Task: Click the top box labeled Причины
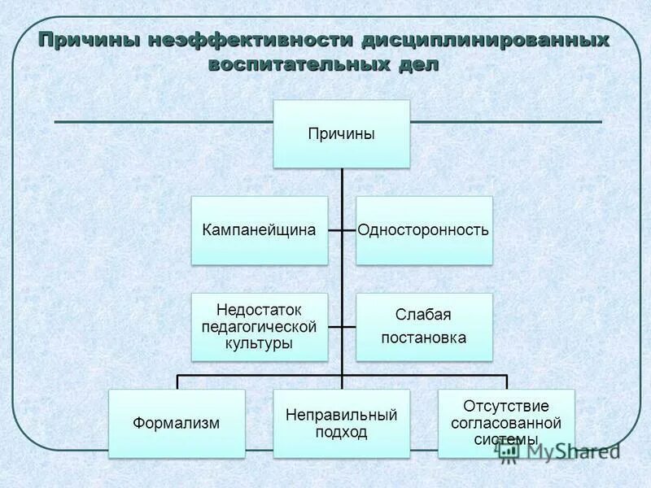tap(341, 134)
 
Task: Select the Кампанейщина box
tap(260, 230)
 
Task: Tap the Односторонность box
tap(424, 230)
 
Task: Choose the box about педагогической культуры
tap(260, 327)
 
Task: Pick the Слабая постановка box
tap(424, 327)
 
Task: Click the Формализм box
tap(177, 423)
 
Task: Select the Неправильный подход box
tap(341, 423)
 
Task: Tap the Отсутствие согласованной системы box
tap(506, 423)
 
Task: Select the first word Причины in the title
tap(89, 40)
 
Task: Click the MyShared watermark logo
tap(561, 452)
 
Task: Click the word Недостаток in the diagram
tap(260, 311)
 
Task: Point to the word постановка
tap(424, 338)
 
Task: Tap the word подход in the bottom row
tap(341, 432)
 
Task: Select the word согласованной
tap(506, 423)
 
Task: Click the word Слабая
tap(424, 315)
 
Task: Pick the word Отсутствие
tap(506, 406)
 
